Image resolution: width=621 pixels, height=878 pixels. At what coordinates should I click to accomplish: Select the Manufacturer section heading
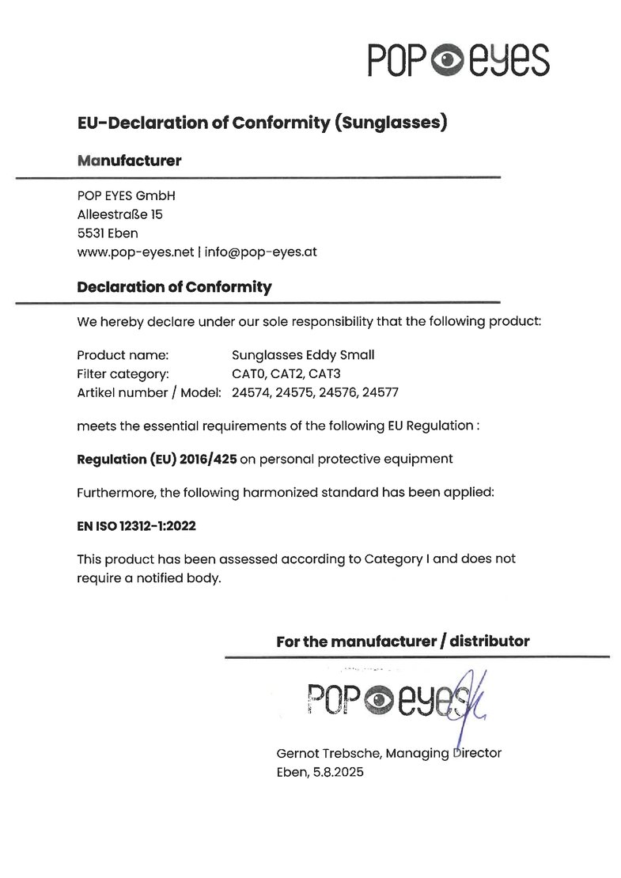tap(129, 161)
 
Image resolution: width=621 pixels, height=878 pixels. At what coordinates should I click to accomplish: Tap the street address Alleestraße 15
tap(120, 214)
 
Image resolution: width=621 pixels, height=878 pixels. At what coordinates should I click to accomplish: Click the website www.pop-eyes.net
tap(135, 252)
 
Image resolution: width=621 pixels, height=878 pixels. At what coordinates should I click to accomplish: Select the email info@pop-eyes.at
tap(260, 252)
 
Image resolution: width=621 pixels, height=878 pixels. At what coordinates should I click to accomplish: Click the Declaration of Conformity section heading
tap(174, 287)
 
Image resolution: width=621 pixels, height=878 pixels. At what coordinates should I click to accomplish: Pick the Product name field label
tap(123, 355)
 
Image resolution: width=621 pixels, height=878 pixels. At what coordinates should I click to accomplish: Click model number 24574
tap(251, 392)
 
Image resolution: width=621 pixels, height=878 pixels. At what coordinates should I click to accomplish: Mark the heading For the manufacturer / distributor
tap(403, 641)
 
